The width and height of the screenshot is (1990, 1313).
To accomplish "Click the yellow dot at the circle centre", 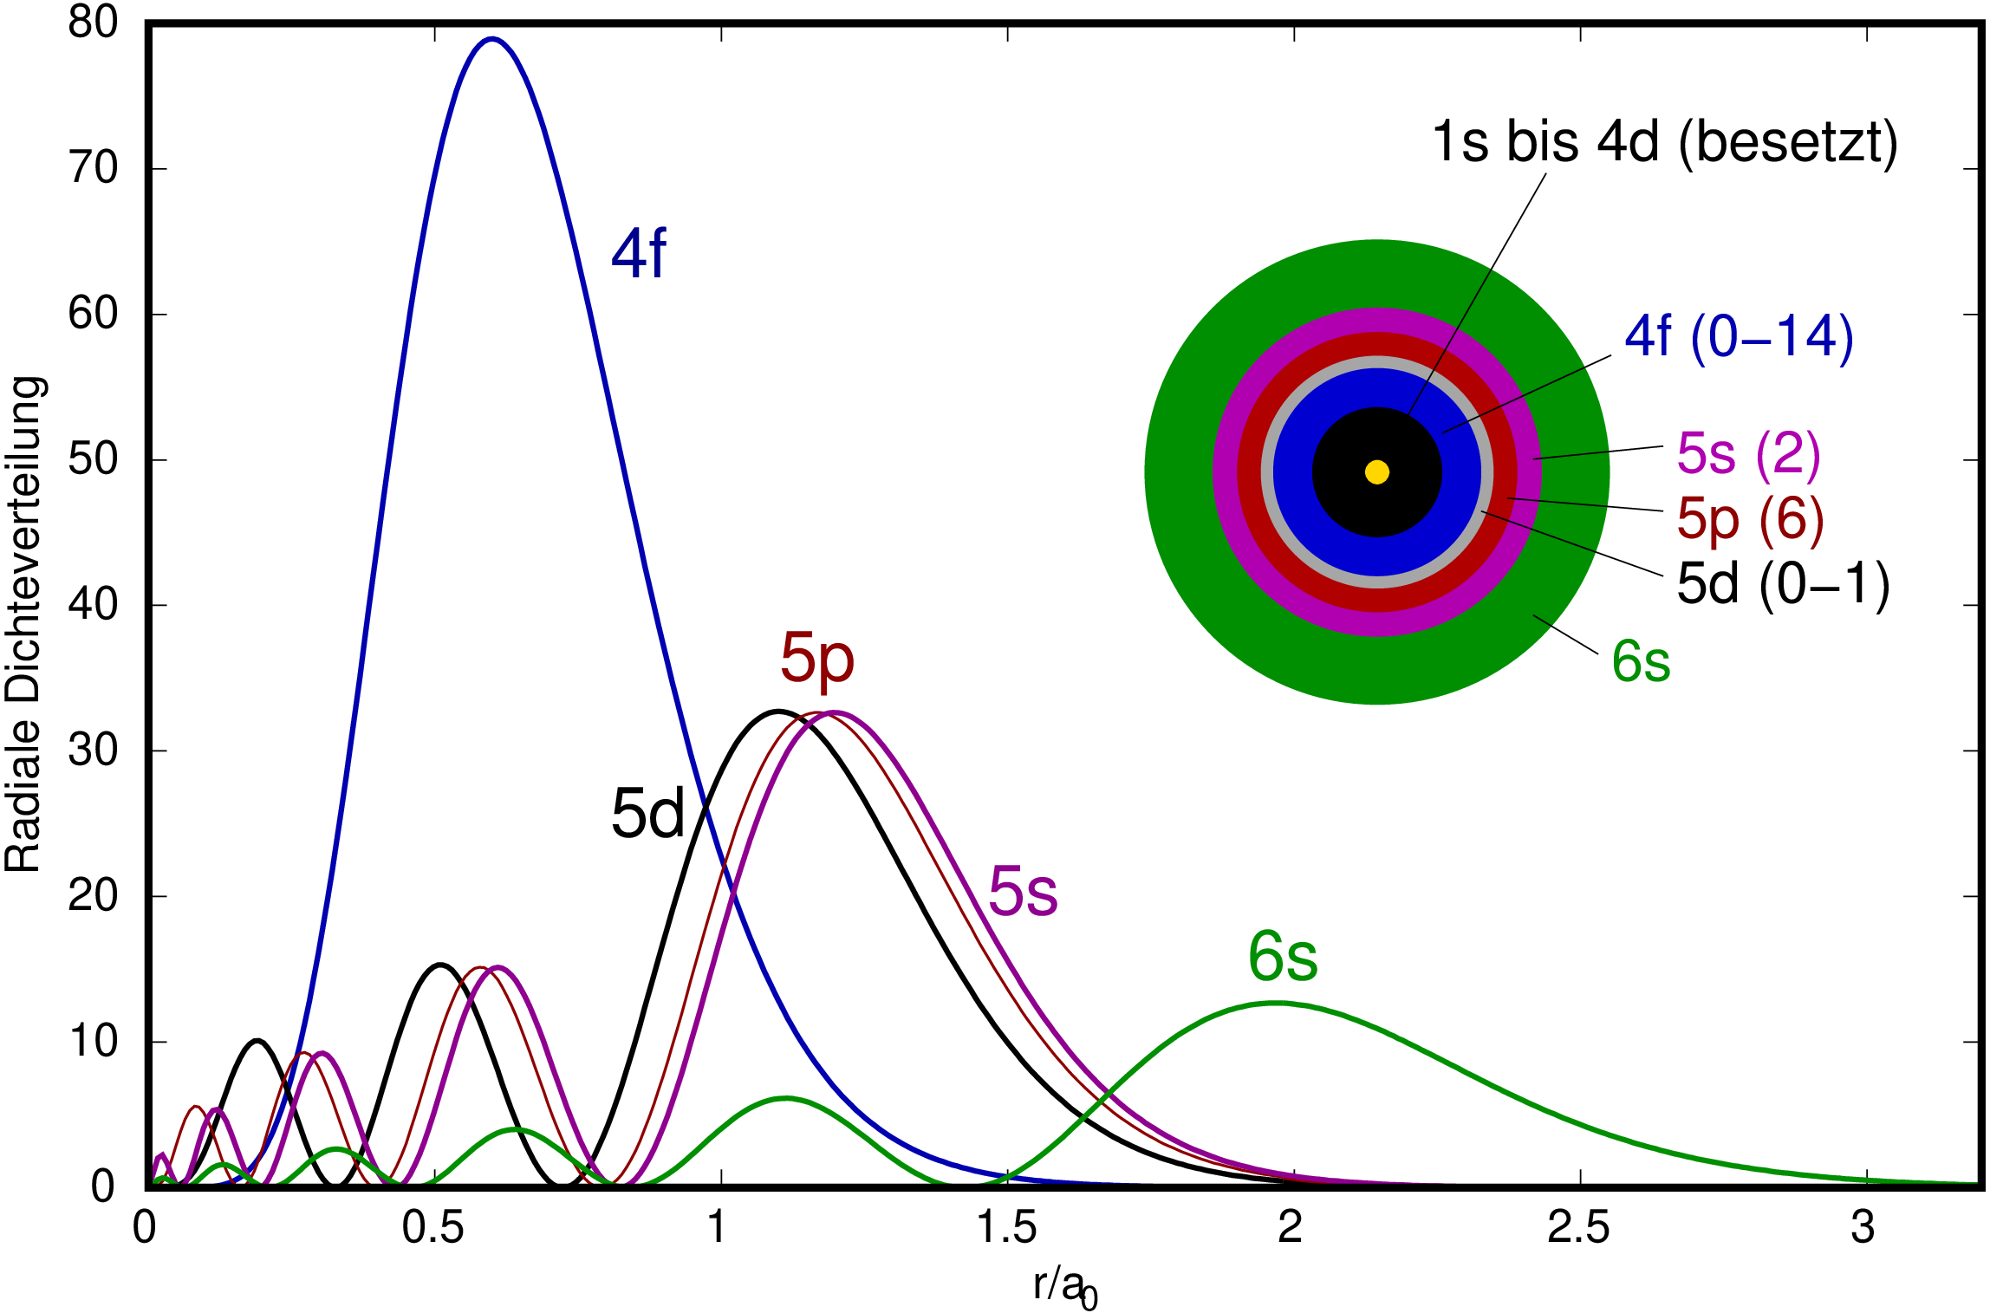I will tap(1377, 472).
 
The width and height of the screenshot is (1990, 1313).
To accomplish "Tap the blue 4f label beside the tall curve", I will tap(639, 253).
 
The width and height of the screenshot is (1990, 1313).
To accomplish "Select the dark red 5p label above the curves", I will tap(816, 659).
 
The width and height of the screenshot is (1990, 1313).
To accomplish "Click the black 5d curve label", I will tap(647, 814).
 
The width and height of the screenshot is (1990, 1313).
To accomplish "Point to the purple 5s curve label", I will tap(1023, 892).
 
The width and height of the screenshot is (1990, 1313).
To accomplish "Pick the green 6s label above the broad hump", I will tap(1283, 958).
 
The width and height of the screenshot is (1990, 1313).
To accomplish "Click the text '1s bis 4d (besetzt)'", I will tap(1664, 142).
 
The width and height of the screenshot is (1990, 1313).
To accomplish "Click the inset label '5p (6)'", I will tap(1750, 519).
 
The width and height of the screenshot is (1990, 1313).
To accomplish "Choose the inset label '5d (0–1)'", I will tap(1783, 583).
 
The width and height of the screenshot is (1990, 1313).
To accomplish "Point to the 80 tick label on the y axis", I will tap(93, 23).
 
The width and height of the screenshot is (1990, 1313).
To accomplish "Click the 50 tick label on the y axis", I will tap(93, 459).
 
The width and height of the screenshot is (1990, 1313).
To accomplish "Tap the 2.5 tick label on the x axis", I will tap(1579, 1227).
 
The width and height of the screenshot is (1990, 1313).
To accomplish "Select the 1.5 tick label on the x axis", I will tap(1006, 1227).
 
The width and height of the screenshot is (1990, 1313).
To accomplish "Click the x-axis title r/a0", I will tap(1064, 1288).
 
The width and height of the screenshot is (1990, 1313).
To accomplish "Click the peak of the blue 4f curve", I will tap(492, 39).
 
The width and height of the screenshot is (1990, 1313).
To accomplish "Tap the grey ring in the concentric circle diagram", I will tap(1377, 362).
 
